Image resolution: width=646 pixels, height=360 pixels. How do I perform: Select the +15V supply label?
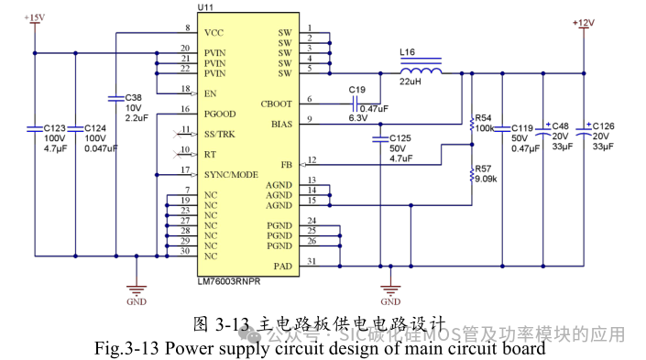tap(33, 17)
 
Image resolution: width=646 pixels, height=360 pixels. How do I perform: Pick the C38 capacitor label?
tap(133, 97)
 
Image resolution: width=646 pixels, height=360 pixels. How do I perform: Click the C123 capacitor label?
tap(55, 128)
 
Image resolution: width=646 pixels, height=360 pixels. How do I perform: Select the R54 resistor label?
tap(484, 117)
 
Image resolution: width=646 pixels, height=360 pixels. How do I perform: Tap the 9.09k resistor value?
tap(485, 179)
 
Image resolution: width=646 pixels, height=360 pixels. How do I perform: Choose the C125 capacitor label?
tap(400, 137)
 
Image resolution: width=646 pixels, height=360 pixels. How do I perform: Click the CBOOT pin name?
tap(276, 104)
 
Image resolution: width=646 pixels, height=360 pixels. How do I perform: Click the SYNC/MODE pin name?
tap(232, 173)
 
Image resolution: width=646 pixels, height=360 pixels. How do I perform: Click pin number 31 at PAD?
tap(312, 262)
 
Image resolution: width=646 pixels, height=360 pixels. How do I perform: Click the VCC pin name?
tap(214, 33)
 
